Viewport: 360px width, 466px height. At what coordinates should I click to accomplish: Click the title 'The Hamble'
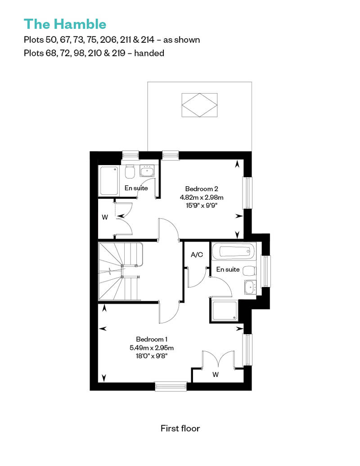(65, 24)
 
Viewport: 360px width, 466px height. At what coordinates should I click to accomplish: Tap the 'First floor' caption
(180, 428)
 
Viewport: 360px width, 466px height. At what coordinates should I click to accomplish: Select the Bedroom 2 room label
(202, 189)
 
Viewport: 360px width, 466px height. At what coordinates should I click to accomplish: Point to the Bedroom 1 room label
(152, 339)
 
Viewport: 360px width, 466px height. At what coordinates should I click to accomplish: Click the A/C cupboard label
(197, 255)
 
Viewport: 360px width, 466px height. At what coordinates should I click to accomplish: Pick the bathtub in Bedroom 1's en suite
(234, 252)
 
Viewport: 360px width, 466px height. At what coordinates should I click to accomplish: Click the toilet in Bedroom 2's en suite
(130, 172)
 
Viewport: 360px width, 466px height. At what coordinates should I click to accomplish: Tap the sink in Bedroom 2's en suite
(147, 171)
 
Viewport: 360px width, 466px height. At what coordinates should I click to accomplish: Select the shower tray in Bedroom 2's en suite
(108, 181)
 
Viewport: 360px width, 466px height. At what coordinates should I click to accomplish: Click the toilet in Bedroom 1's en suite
(249, 271)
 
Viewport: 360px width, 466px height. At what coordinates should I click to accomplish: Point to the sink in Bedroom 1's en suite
(250, 287)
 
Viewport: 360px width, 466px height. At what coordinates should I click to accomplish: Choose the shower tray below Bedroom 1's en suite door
(225, 311)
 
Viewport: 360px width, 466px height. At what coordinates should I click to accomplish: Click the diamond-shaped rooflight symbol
(199, 105)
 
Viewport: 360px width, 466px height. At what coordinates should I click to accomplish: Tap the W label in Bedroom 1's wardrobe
(216, 374)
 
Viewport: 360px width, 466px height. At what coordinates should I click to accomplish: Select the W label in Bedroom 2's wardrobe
(105, 217)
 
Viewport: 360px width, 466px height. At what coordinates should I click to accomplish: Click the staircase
(121, 272)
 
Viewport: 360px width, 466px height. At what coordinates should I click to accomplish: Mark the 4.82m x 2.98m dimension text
(202, 197)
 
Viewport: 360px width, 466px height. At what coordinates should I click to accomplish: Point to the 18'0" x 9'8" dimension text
(152, 356)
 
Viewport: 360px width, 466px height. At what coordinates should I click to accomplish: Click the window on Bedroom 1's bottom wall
(171, 386)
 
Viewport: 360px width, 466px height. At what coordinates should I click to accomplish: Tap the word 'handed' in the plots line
(149, 53)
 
